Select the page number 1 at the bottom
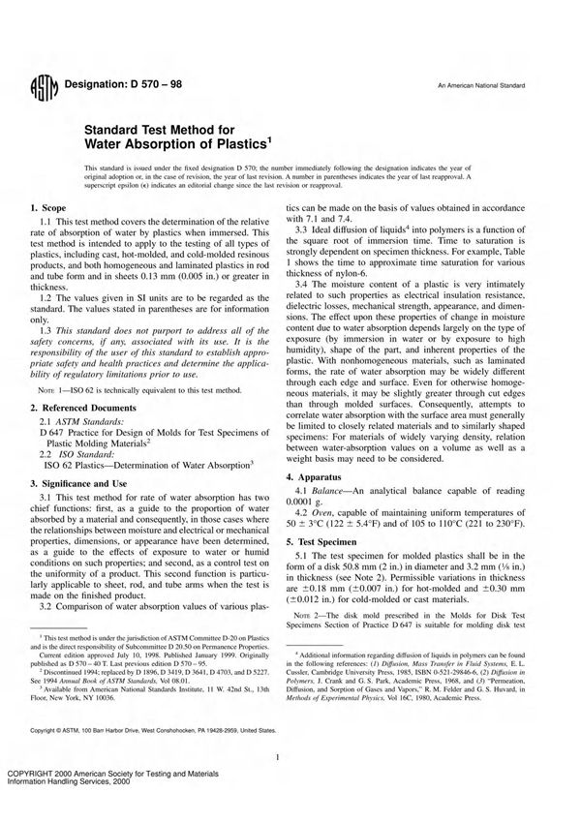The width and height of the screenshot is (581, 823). coord(278,759)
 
